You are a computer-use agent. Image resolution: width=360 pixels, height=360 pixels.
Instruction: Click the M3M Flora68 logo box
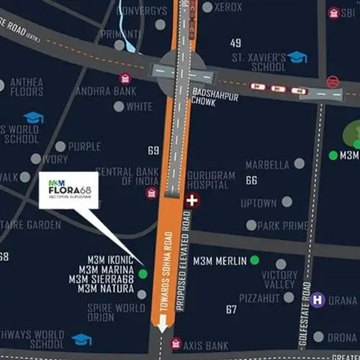[x=68, y=189]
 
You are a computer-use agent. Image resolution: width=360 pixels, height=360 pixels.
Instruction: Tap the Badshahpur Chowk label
[x=210, y=96]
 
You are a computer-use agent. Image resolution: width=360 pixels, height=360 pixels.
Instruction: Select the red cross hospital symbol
[x=192, y=200]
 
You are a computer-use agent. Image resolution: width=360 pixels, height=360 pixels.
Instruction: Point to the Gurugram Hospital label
[x=209, y=180]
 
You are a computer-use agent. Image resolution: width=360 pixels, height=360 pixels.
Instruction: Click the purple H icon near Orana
[x=318, y=299]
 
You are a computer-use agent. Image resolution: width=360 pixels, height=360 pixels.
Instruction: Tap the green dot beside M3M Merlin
[x=254, y=260]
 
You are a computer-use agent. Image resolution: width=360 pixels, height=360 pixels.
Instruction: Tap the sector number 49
[x=235, y=43]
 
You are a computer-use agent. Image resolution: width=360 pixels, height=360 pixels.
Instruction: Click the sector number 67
[x=231, y=310]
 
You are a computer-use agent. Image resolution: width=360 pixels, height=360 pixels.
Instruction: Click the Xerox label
[x=228, y=6]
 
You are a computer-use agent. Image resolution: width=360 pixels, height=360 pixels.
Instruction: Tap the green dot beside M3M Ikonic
[x=143, y=274]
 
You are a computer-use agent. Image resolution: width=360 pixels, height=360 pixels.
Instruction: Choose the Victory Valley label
[x=279, y=280]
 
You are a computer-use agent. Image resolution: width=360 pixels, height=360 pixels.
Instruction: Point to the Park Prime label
[x=282, y=225]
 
